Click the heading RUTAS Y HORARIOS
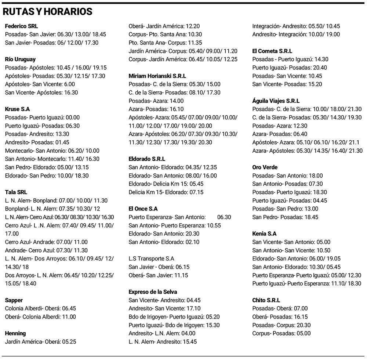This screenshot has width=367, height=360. click(47, 12)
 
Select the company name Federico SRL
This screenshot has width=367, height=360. click(21, 26)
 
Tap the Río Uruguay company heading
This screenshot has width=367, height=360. click(20, 59)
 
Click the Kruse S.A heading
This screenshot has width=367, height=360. click(18, 109)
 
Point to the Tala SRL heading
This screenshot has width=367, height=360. click(16, 192)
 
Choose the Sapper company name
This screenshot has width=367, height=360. click(14, 300)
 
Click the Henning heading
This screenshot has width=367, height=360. click(15, 333)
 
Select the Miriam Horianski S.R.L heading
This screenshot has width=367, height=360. click(157, 76)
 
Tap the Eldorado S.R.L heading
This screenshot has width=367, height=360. click(147, 159)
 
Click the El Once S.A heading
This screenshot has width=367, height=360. click(143, 209)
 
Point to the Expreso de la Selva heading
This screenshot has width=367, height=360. click(153, 292)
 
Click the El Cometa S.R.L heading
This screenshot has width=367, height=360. click(272, 51)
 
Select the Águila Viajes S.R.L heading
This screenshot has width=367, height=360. click(276, 101)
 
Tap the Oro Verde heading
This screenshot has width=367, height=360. click(265, 167)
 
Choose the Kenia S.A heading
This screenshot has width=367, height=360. click(265, 234)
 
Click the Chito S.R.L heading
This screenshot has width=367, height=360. click(266, 300)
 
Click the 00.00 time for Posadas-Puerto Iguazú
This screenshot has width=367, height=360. click(72, 118)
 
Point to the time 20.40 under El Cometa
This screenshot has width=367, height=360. click(309, 68)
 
